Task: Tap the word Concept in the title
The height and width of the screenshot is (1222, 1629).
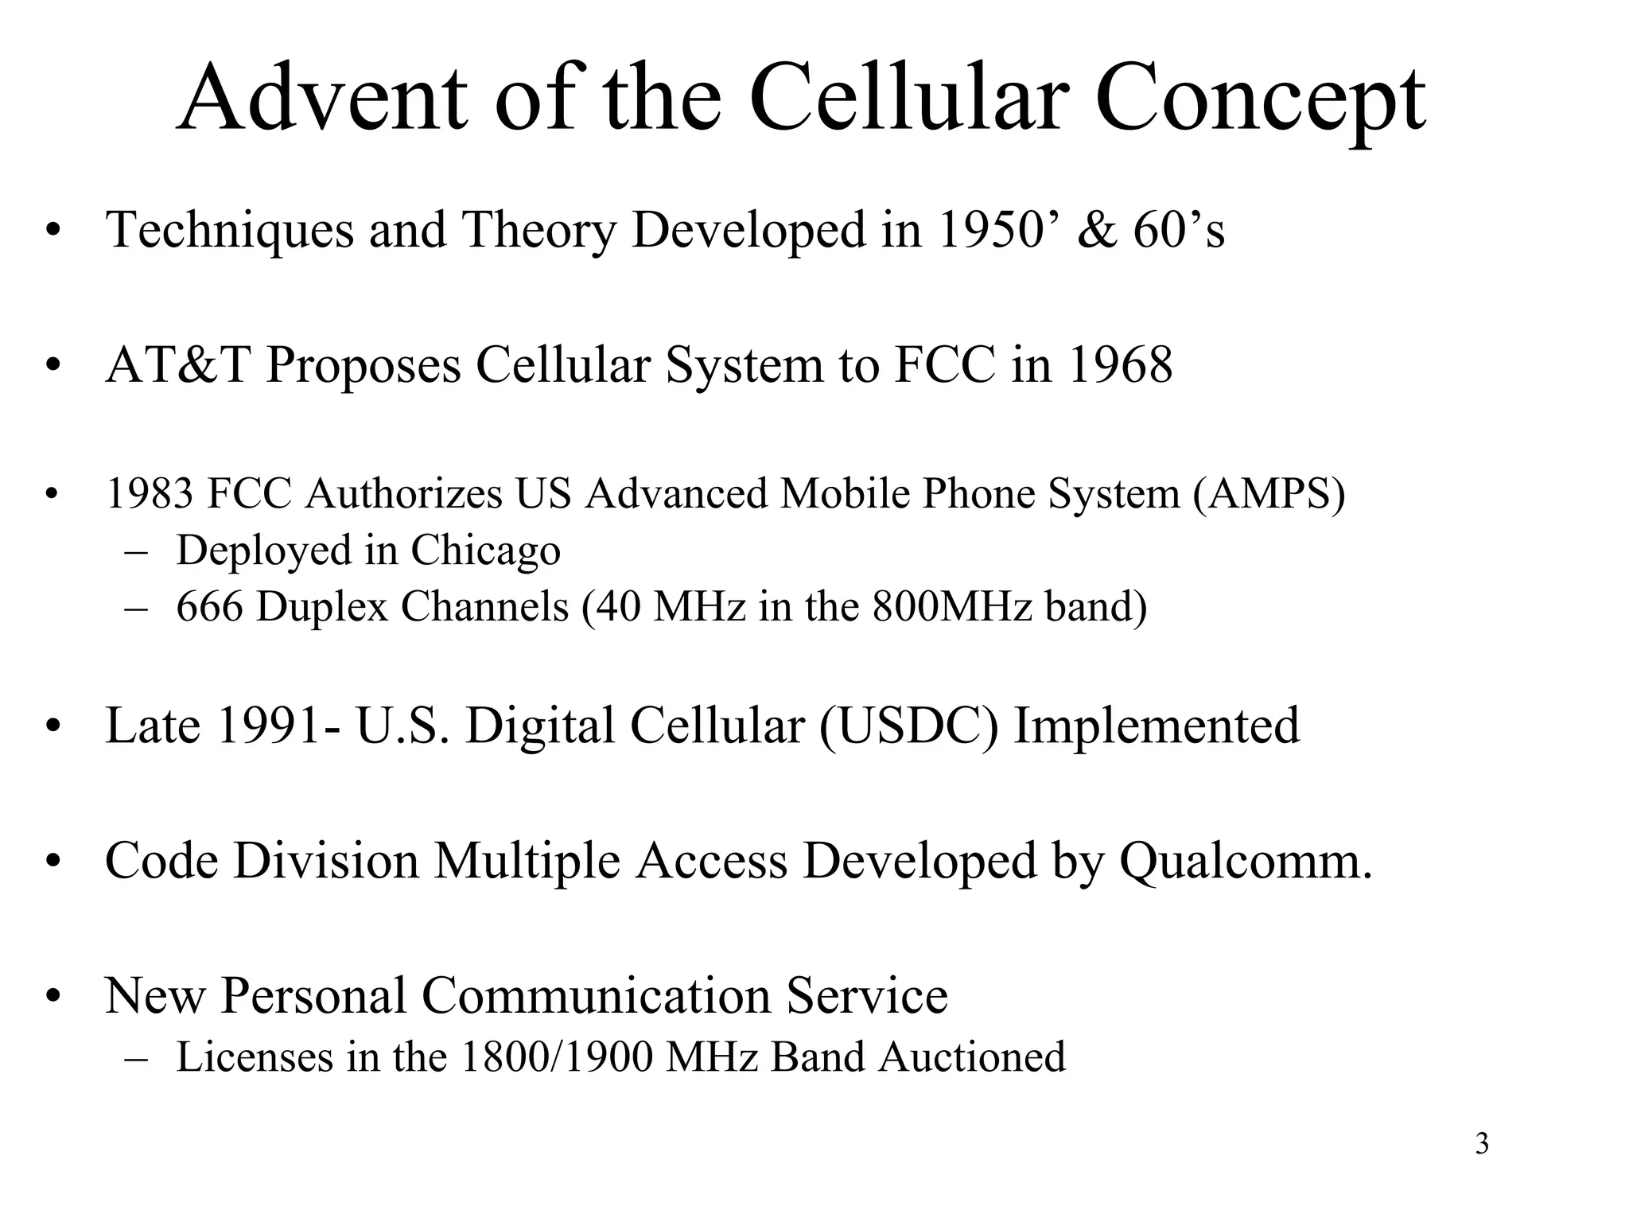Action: (x=1260, y=102)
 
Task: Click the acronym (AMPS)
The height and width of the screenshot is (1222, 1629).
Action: (x=1269, y=494)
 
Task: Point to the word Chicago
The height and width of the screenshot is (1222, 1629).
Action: (x=485, y=551)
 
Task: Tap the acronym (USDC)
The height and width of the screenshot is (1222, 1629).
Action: (x=908, y=726)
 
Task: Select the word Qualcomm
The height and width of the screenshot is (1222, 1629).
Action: (x=1246, y=862)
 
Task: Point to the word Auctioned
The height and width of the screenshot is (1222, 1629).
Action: (x=972, y=1057)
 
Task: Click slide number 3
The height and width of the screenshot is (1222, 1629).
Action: (x=1481, y=1144)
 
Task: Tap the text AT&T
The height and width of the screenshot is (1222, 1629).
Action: (x=177, y=365)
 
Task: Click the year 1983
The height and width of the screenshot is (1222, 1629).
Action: (x=150, y=494)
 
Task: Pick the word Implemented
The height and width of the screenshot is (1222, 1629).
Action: (x=1157, y=726)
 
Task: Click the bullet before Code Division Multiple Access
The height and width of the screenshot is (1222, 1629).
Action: (x=53, y=862)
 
